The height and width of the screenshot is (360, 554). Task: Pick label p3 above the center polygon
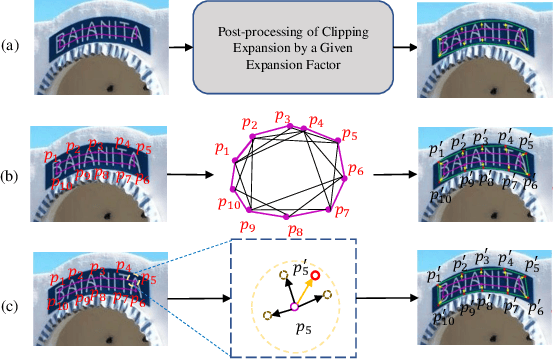pyautogui.click(x=283, y=120)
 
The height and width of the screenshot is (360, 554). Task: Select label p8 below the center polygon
pyautogui.click(x=296, y=232)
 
